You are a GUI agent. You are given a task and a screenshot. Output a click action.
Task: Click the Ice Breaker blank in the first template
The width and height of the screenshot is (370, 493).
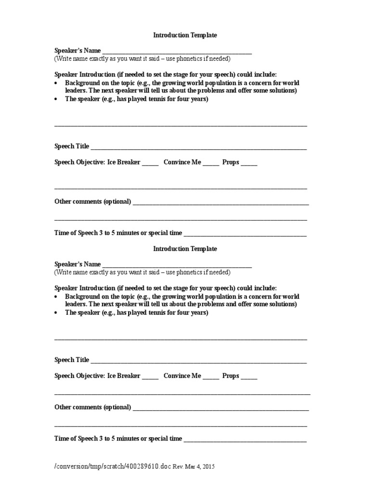(150, 164)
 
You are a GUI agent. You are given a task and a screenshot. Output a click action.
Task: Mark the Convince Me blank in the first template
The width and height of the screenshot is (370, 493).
(211, 164)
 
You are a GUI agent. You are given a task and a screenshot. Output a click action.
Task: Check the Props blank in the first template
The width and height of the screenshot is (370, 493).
(249, 164)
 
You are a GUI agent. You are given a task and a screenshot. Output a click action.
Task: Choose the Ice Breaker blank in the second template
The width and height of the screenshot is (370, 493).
(150, 378)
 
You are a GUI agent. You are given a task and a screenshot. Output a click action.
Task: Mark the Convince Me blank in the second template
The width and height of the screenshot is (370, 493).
(211, 378)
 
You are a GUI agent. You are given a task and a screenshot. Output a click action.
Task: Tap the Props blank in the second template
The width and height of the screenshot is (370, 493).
(249, 378)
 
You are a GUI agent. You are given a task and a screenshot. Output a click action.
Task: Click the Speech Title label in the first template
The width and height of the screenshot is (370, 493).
(72, 146)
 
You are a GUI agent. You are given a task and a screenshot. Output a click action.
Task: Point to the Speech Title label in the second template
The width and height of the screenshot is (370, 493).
(72, 360)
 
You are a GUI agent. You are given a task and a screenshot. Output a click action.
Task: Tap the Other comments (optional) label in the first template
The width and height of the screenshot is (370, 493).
(93, 202)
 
